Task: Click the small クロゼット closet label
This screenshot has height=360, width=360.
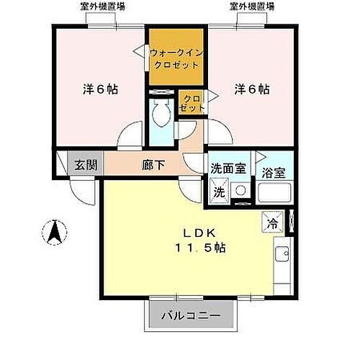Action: (192, 103)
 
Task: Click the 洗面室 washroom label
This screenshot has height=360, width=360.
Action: (226, 169)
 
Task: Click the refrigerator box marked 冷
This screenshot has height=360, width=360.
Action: (274, 221)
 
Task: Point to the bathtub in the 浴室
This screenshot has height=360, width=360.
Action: (274, 193)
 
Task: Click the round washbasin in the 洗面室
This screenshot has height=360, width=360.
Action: (240, 192)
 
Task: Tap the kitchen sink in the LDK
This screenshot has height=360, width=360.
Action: (282, 254)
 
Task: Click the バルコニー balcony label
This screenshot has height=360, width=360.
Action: (186, 315)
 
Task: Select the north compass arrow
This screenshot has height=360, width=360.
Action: (55, 231)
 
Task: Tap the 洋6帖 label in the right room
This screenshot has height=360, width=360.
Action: (251, 90)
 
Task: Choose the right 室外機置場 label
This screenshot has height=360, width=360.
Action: (252, 7)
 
